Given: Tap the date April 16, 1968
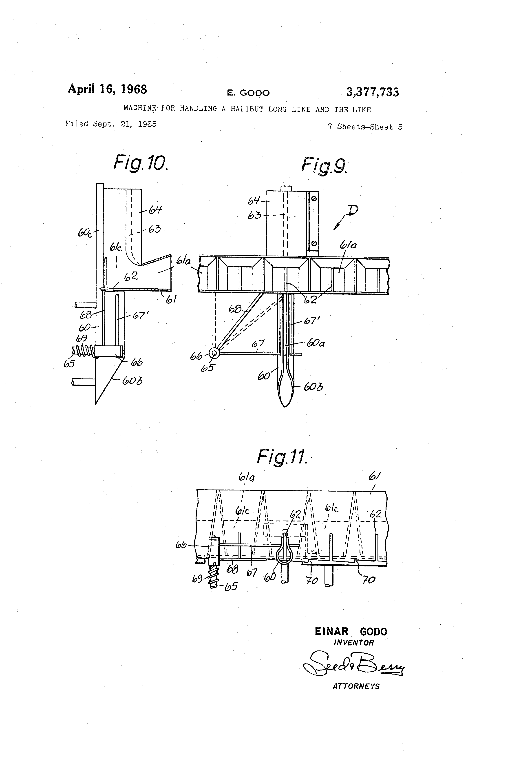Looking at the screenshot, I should (107, 89).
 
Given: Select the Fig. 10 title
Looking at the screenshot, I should (141, 163).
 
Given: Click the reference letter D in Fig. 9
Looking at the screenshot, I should (352, 210).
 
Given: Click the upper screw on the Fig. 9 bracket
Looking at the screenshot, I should (314, 198).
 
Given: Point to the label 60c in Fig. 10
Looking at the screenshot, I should (85, 233).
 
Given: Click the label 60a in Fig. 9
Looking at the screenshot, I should (316, 343).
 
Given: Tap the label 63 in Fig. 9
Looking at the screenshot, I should (254, 216).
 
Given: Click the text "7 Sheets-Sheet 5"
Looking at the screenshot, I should (365, 127).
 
